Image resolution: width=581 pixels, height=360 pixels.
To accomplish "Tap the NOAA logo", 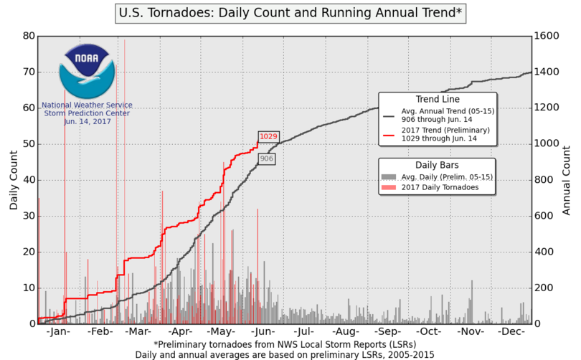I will coord(86,71).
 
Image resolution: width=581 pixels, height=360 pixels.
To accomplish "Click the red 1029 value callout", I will coord(268,136).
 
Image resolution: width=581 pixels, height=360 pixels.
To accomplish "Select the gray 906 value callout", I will coord(267,158).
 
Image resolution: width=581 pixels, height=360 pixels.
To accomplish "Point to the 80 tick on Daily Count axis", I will coord(29,36).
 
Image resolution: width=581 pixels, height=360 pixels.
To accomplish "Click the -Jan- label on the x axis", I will coord(58,333).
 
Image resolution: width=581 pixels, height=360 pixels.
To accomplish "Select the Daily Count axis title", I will coord(14,180).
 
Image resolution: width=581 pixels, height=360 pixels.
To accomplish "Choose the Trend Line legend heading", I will coord(438,99).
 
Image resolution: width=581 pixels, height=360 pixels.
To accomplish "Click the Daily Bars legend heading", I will coord(438,164).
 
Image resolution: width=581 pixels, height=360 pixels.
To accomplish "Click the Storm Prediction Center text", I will coord(86,113).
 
